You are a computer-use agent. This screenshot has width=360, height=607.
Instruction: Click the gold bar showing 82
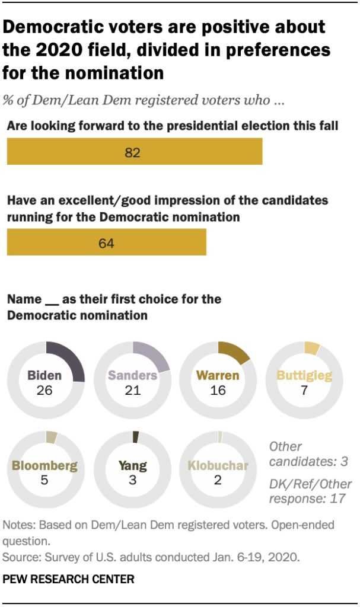pos(134,151)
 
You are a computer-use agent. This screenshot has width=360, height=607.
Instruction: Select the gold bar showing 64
pos(106,242)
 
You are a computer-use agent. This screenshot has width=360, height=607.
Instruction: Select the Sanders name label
pos(132,375)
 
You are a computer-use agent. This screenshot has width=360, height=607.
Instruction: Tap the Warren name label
pos(218,375)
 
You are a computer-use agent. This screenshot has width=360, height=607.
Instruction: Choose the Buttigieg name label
pos(304,375)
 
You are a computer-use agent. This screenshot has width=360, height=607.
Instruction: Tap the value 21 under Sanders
pos(132,390)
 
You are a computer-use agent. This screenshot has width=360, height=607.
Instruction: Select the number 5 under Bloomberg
pos(46,480)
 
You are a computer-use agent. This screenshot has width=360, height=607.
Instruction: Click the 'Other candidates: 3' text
pos(307,454)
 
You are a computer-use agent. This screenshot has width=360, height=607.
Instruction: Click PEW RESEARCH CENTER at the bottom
pos(69,579)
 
